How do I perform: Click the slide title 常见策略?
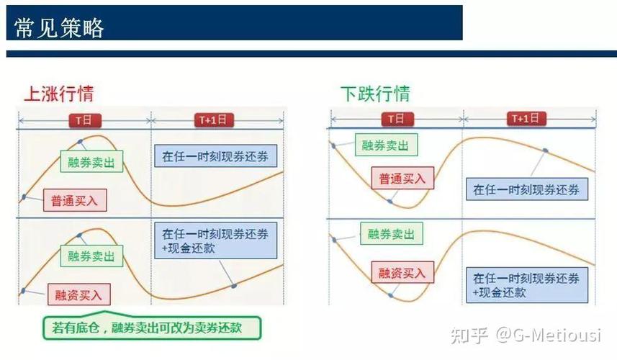pos(60,27)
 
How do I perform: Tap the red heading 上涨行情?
pos(58,94)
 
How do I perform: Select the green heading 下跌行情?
pos(374,94)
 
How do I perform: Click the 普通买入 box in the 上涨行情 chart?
pos(74,200)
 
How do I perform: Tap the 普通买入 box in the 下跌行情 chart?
pos(402,178)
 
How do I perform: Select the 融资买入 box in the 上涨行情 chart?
pos(79,294)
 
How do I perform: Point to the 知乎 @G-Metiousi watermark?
pos(526,335)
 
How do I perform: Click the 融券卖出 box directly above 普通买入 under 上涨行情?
pos(91,162)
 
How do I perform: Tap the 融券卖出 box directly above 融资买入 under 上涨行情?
pos(91,255)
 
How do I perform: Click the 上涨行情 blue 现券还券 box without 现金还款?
pos(215,157)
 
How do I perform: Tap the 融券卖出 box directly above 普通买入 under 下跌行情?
pos(385,145)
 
